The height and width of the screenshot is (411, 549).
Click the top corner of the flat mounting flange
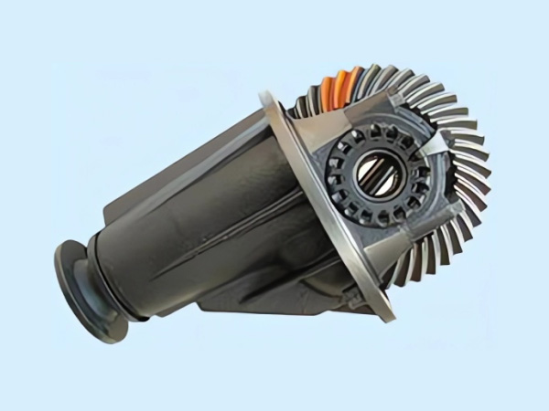pos(267,92)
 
